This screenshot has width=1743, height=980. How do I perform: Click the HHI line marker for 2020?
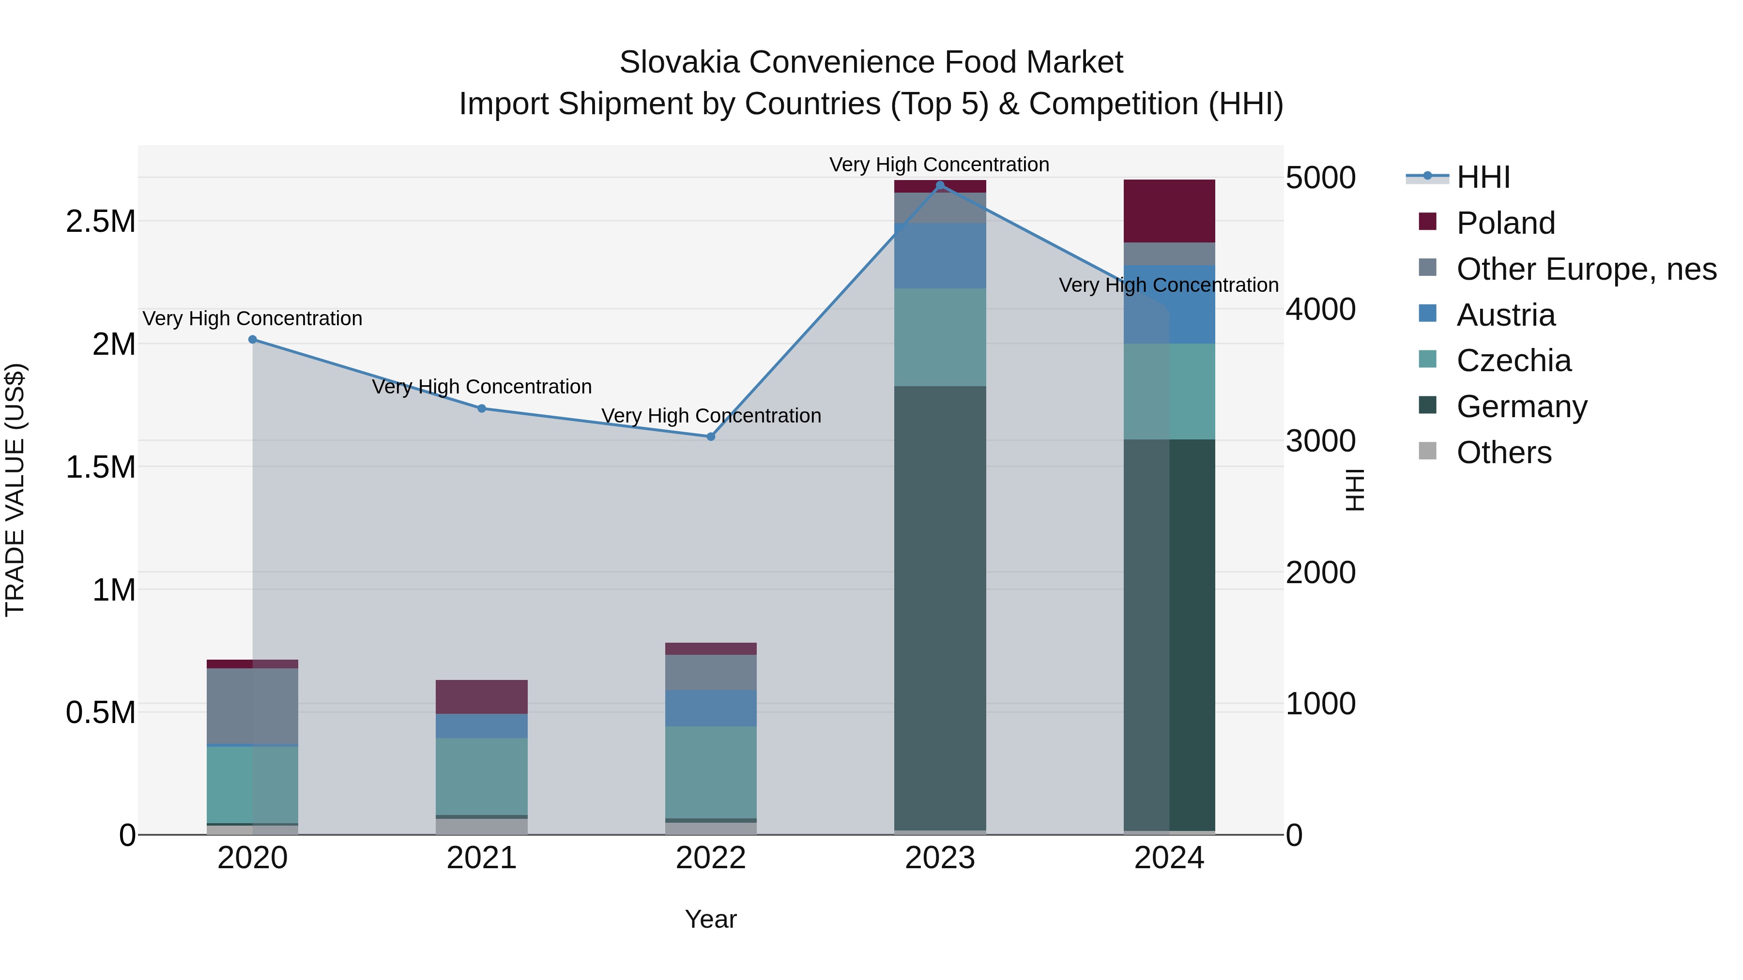252,340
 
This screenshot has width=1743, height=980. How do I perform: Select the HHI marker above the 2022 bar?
710,437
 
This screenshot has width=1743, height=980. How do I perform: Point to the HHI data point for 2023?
939,185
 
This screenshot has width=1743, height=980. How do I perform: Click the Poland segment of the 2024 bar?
1169,211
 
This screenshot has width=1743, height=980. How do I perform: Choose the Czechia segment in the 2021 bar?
481,776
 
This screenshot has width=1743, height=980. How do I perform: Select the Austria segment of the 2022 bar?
710,708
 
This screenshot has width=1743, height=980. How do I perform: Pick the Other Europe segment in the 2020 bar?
252,706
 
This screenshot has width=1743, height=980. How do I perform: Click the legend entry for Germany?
1521,407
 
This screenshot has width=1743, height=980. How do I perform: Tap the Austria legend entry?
1505,315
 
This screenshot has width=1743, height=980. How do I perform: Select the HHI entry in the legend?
1483,177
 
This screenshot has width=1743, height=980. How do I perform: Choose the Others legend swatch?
1427,451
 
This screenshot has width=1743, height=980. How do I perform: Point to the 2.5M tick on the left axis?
101,222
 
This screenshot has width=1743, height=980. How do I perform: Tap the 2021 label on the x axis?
481,858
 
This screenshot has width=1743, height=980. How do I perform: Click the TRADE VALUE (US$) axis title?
15,490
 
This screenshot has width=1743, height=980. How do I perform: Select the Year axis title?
710,919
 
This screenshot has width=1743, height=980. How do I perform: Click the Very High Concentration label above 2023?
939,165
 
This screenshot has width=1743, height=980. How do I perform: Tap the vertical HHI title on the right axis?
1354,490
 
